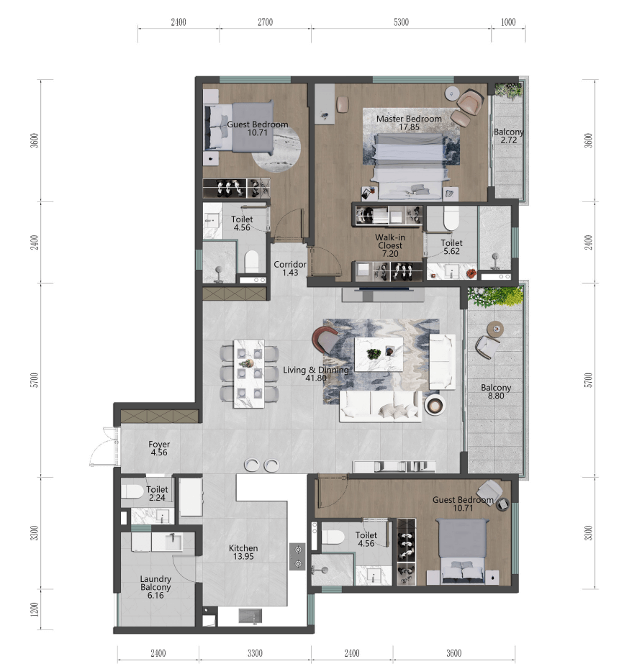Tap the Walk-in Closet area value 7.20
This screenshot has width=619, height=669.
[x=390, y=254]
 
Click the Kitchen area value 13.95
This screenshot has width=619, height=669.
[x=243, y=556]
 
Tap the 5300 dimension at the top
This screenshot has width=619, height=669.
[x=402, y=22]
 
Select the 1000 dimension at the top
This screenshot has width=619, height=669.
[x=508, y=22]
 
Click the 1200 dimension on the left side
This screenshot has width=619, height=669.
[x=35, y=609]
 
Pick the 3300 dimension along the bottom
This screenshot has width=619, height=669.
[x=255, y=653]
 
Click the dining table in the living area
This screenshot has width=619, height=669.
[x=249, y=374]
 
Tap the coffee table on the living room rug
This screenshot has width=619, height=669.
[x=379, y=354]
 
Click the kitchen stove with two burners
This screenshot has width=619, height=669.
[x=297, y=556]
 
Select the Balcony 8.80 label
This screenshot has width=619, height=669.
[x=496, y=391]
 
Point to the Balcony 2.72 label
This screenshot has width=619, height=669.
[x=508, y=136]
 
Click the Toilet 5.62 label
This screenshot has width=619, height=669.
[x=452, y=247]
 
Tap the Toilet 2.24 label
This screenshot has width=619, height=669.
[x=157, y=493]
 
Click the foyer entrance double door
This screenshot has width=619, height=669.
[x=104, y=447]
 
